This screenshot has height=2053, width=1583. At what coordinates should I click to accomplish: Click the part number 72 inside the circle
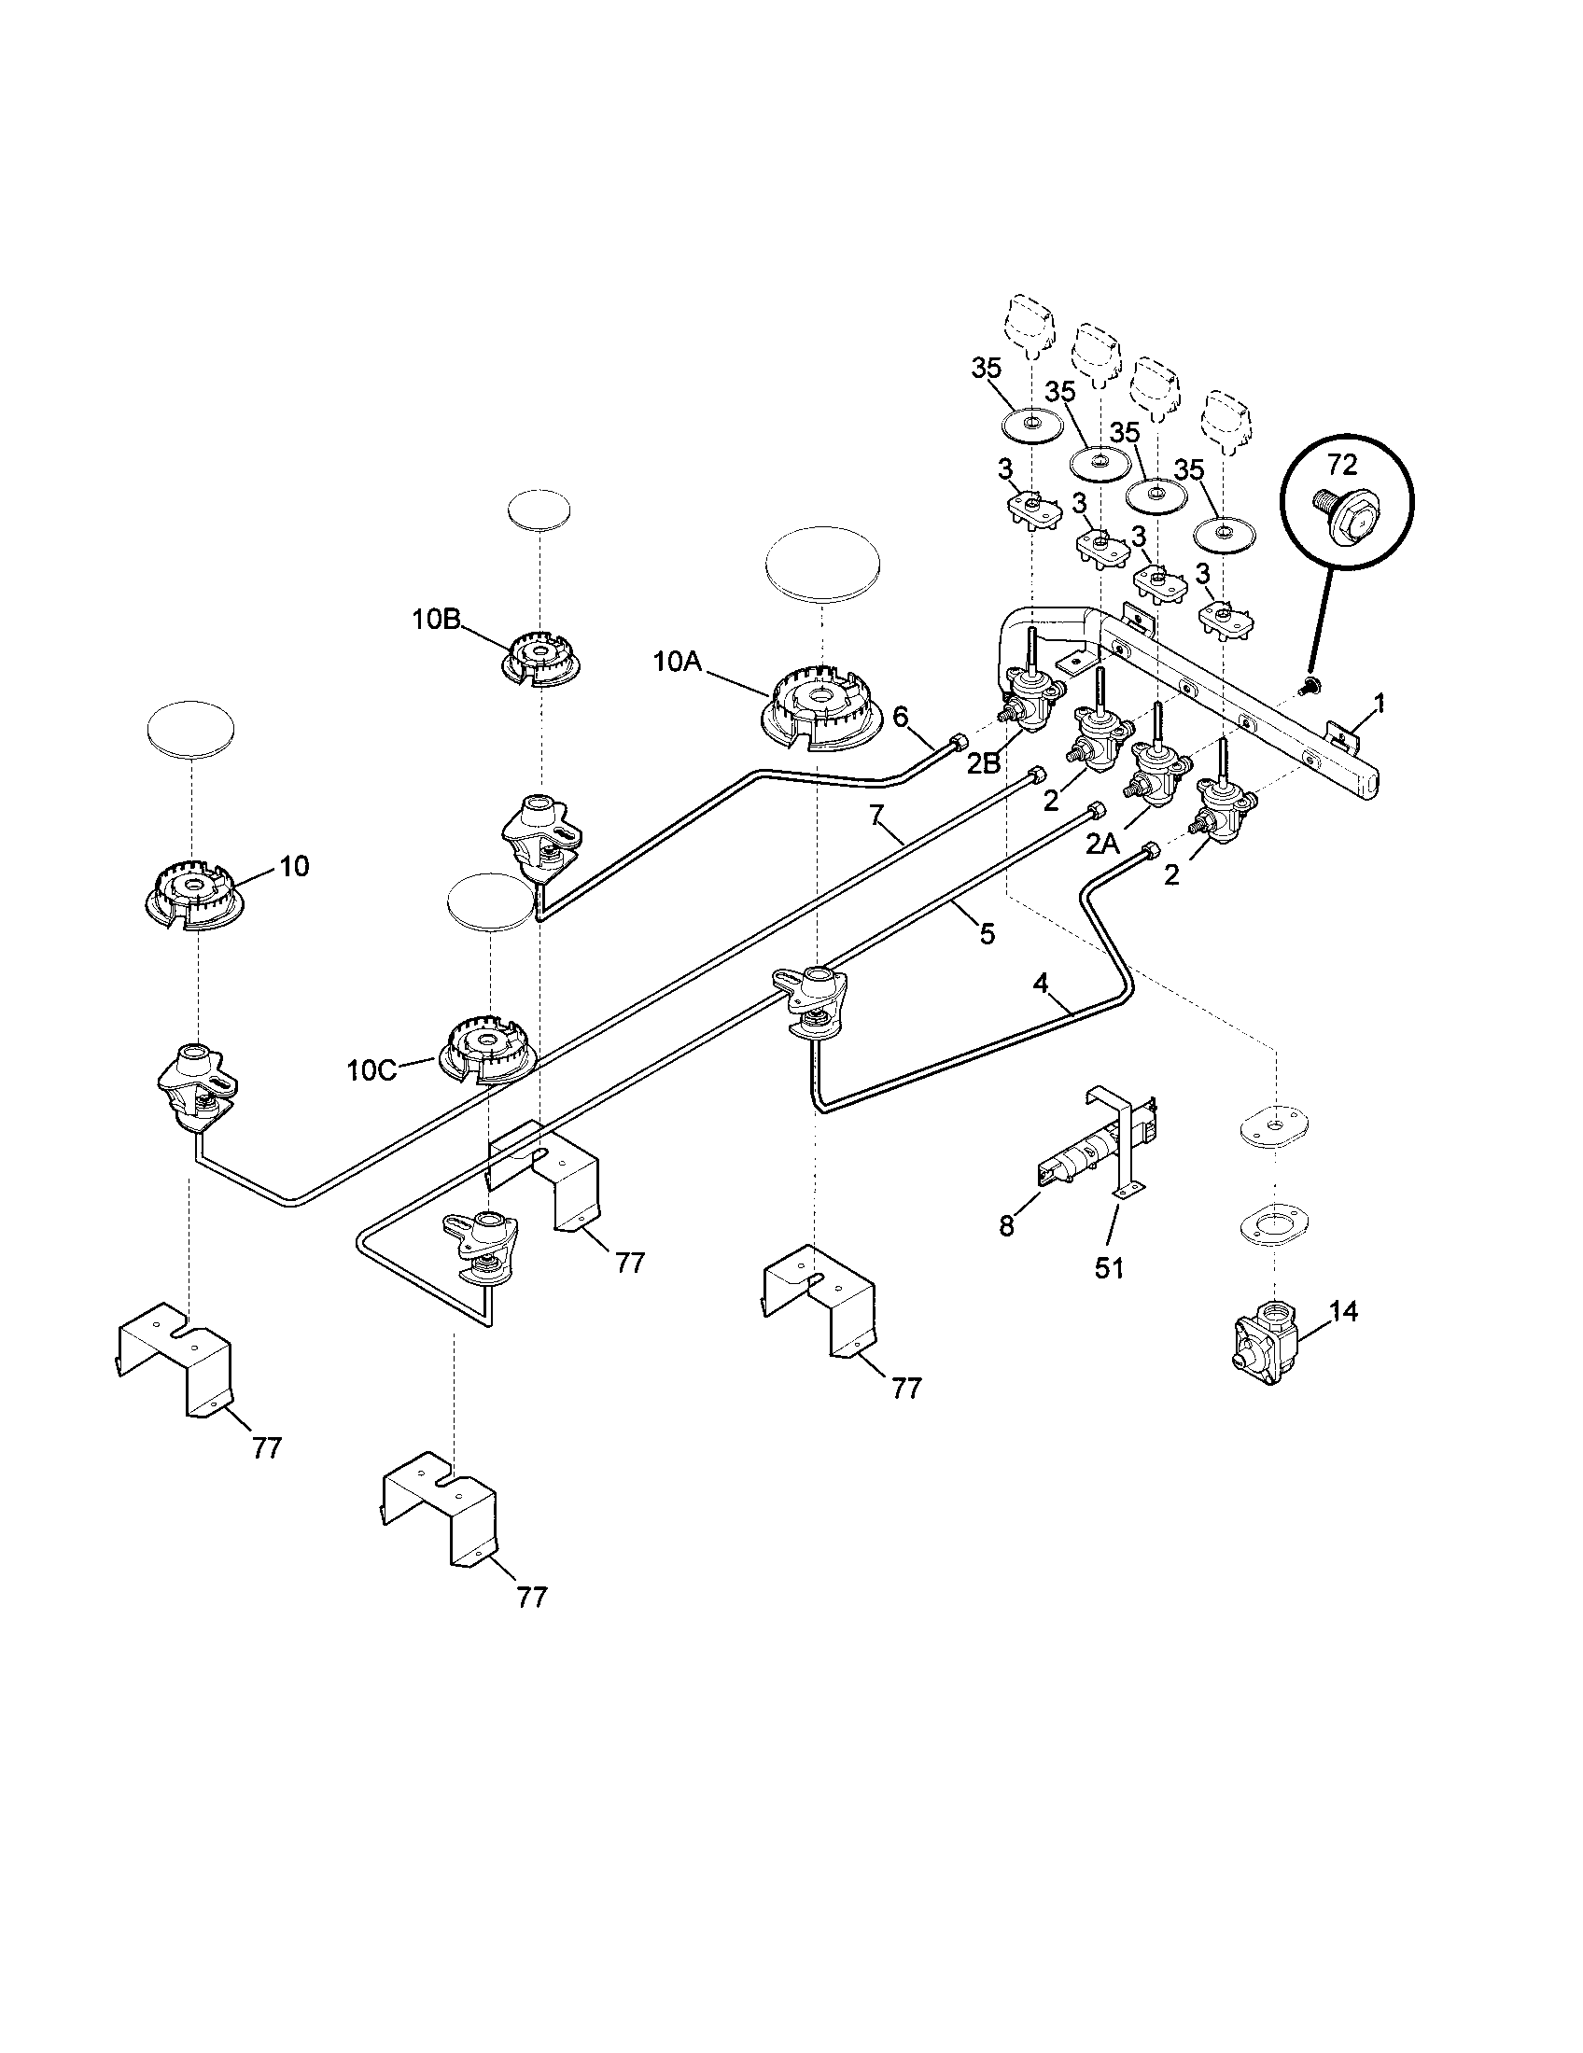point(1343,464)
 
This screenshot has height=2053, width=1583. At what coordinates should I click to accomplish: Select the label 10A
point(678,662)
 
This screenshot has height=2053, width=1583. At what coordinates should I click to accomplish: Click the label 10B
point(435,619)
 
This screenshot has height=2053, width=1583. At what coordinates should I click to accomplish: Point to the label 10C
point(371,1069)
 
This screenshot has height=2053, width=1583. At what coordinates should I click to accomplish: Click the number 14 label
point(1343,1310)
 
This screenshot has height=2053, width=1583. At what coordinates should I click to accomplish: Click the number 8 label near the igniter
point(1007,1226)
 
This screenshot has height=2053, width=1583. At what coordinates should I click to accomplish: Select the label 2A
point(1103,845)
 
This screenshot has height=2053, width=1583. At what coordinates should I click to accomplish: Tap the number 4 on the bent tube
point(1040,984)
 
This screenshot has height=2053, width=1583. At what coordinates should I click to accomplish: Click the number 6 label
point(900,718)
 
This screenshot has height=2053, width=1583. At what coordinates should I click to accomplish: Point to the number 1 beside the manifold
point(1379,702)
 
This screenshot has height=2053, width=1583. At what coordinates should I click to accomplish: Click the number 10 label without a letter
point(294,866)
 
